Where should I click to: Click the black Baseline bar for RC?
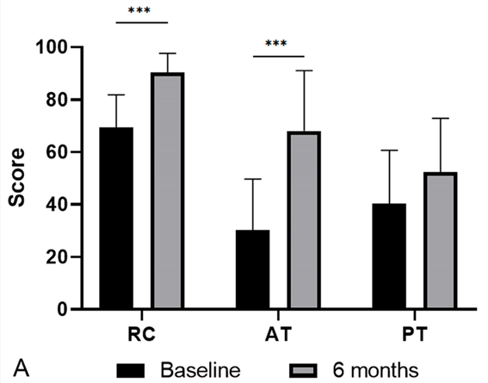tap(116, 218)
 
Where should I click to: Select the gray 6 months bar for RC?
tap(168, 190)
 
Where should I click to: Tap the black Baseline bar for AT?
tap(253, 269)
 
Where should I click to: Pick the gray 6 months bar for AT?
tap(304, 220)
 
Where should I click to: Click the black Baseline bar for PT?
tap(389, 256)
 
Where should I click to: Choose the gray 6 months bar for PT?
tap(441, 240)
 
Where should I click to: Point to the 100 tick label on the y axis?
tap(52, 47)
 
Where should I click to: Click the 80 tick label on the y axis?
tap(57, 100)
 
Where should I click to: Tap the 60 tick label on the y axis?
tap(57, 152)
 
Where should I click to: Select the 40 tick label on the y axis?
tap(57, 205)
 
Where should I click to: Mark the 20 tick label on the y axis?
tap(57, 257)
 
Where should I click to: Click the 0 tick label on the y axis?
tap(62, 310)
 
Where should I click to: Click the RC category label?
tap(142, 334)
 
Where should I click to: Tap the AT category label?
tap(279, 334)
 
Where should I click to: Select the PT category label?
tap(415, 334)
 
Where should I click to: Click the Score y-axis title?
tap(16, 177)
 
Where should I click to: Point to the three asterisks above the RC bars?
tap(139, 10)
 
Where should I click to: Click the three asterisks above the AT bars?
tap(276, 43)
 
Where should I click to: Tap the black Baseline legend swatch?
tap(131, 371)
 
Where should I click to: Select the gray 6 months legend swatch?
tap(303, 371)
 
